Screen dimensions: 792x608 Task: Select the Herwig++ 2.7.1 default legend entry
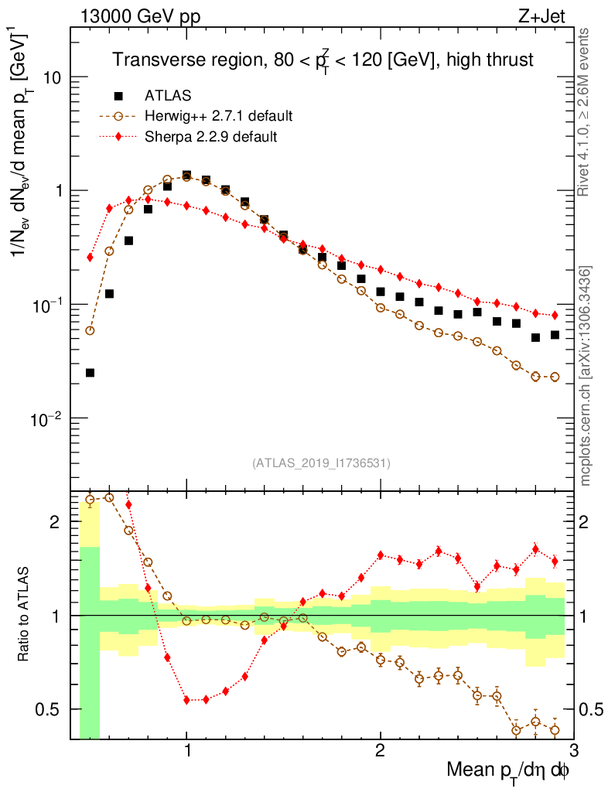pyautogui.click(x=218, y=117)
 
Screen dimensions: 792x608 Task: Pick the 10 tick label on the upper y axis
pyautogui.click(x=51, y=78)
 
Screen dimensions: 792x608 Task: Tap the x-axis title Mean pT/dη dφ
pyautogui.click(x=509, y=770)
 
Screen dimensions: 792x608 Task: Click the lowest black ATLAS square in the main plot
pyautogui.click(x=91, y=373)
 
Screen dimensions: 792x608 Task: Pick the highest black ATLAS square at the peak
pyautogui.click(x=186, y=176)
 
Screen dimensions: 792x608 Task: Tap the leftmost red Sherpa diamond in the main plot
pyautogui.click(x=91, y=257)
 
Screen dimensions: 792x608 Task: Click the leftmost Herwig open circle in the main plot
pyautogui.click(x=91, y=331)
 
